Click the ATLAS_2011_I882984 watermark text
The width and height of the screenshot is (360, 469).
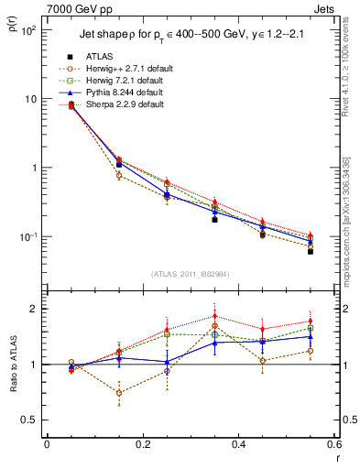coord(191,274)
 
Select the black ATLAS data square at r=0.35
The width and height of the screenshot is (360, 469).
coord(214,220)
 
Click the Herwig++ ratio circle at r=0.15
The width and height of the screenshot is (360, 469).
coord(119,392)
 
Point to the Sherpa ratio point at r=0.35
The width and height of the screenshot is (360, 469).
coord(214,316)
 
